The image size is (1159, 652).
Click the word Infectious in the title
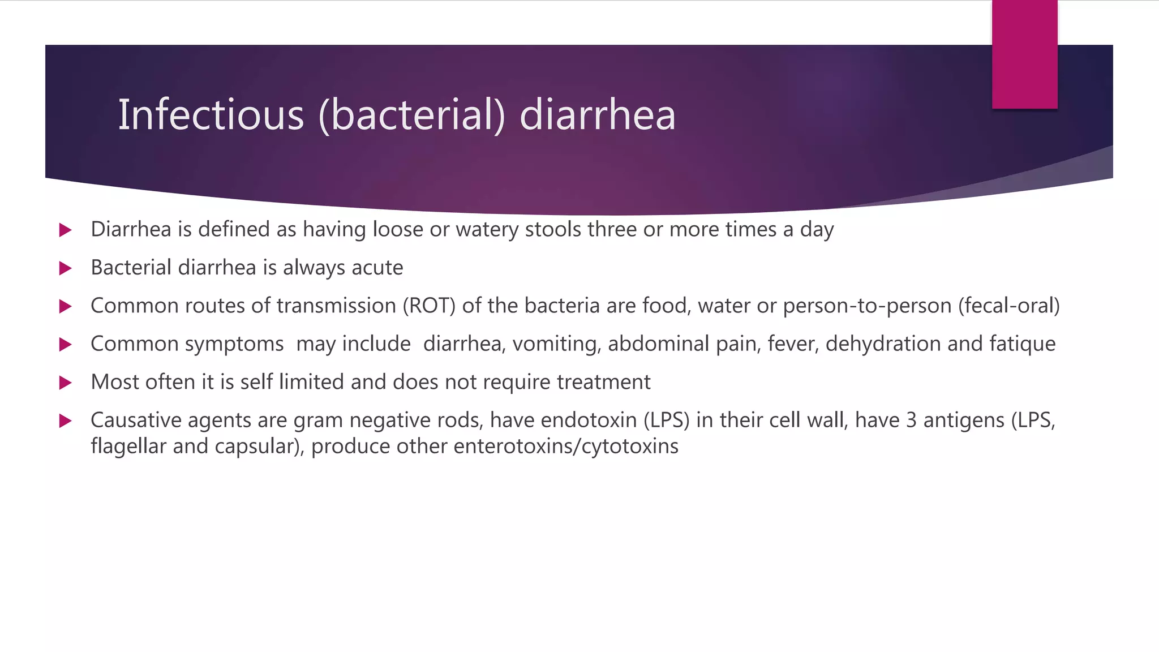pyautogui.click(x=211, y=115)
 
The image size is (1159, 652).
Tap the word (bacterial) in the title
pyautogui.click(x=411, y=115)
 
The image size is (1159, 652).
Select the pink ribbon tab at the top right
pyautogui.click(x=1024, y=54)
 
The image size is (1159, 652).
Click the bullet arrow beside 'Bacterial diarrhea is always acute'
pyautogui.click(x=66, y=268)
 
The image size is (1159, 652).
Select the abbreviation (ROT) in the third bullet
pyautogui.click(x=429, y=306)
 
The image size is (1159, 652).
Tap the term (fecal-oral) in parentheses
pyautogui.click(x=1008, y=306)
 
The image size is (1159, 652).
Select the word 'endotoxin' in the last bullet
pyautogui.click(x=589, y=421)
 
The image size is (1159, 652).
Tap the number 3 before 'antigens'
pyautogui.click(x=911, y=421)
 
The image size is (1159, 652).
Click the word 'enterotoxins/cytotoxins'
pyautogui.click(x=565, y=447)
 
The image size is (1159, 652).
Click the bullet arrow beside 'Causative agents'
pyautogui.click(x=66, y=421)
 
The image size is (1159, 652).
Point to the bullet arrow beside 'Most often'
pyautogui.click(x=66, y=383)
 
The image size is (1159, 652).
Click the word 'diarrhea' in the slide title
pyautogui.click(x=597, y=115)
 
